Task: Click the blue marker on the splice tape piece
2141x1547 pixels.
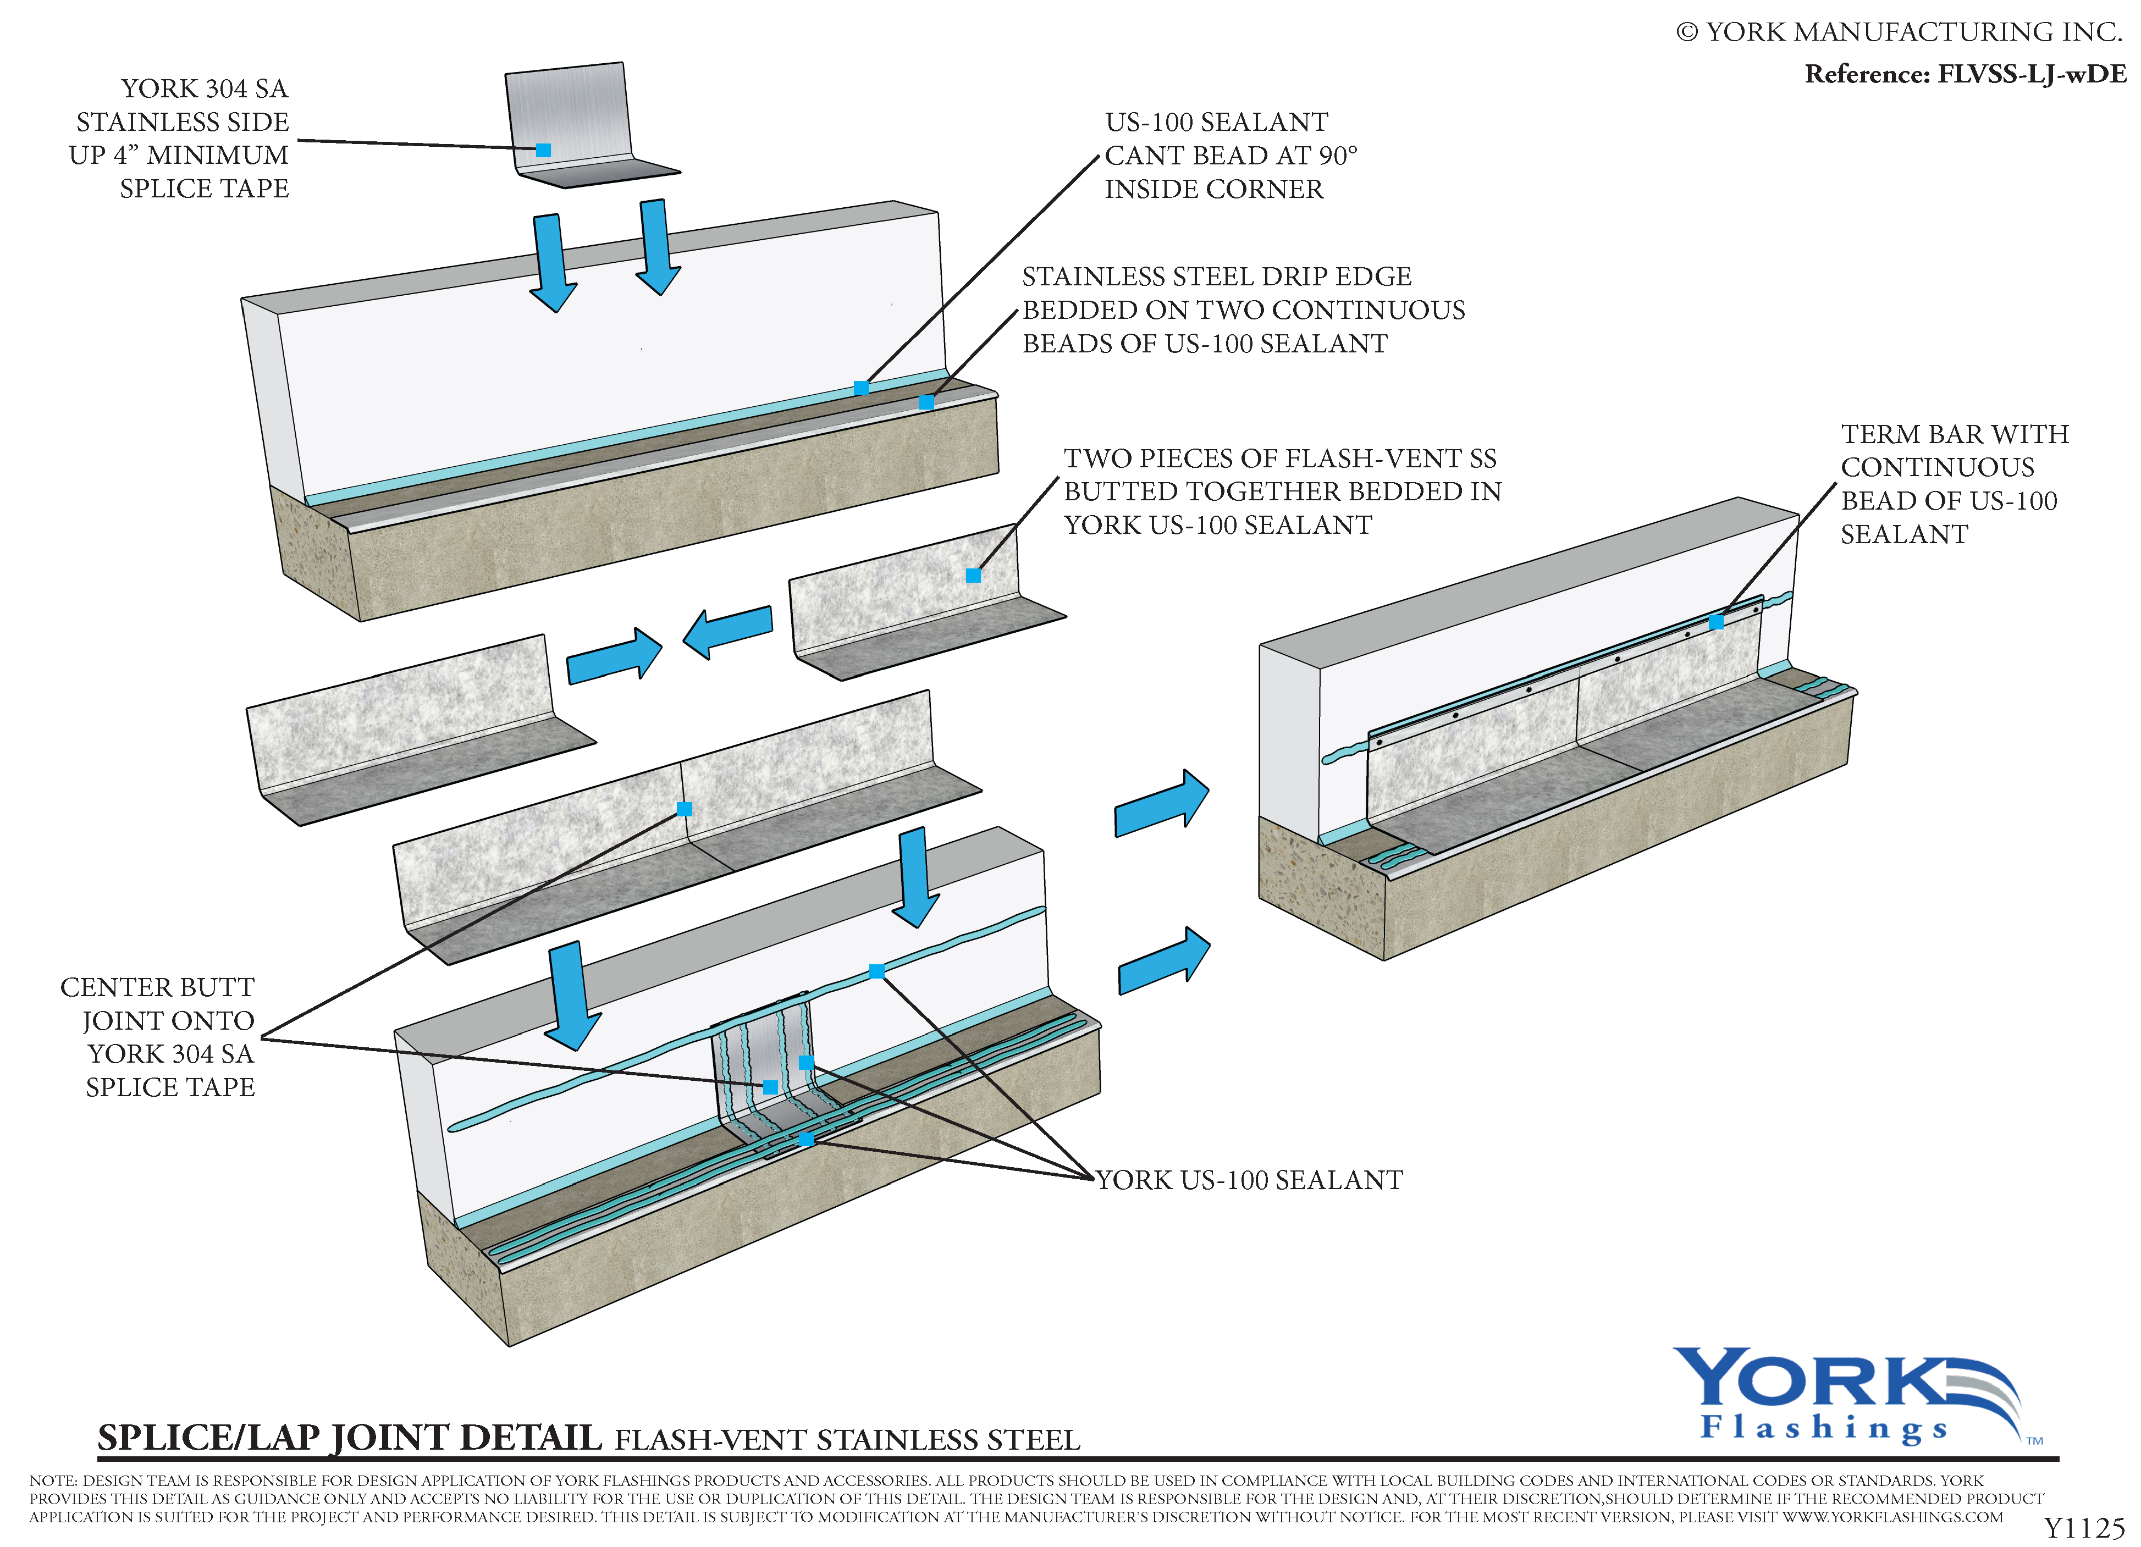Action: click(x=543, y=150)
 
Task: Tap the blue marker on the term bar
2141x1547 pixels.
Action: click(x=1715, y=622)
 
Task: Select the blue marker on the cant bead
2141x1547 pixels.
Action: click(x=861, y=388)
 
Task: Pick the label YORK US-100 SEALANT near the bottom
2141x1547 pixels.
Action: click(x=1249, y=1180)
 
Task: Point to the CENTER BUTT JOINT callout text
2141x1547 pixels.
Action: click(x=158, y=1036)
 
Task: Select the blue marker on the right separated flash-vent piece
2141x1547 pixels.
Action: click(x=973, y=576)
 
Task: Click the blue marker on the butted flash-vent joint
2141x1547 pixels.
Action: click(x=685, y=809)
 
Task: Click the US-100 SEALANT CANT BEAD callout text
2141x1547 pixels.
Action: click(x=1230, y=156)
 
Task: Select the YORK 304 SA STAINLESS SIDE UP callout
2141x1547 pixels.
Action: click(x=179, y=138)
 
